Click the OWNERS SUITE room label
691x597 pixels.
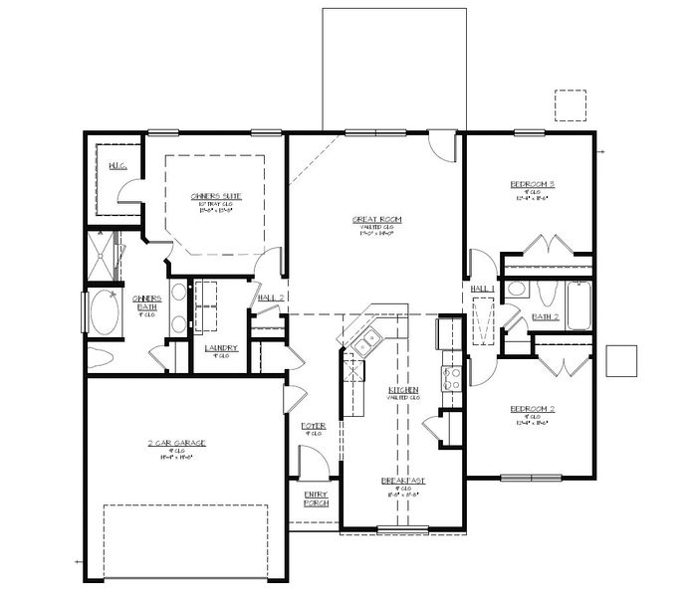[x=216, y=196]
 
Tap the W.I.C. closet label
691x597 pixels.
[x=115, y=165]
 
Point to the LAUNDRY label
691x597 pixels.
[x=220, y=347]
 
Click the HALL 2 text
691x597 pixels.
[x=272, y=297]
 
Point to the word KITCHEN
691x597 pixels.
[x=403, y=389]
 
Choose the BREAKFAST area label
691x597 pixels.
[x=403, y=481]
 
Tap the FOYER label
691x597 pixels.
[x=314, y=426]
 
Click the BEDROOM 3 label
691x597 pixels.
[x=532, y=184]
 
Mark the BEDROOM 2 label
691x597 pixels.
[x=532, y=409]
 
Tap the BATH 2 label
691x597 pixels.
[x=546, y=316]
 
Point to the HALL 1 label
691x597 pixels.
[x=483, y=288]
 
